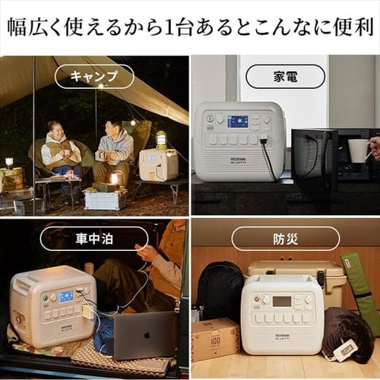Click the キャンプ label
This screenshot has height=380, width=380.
point(94,76)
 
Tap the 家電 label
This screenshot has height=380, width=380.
point(285,76)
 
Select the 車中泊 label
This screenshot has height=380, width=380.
point(94,238)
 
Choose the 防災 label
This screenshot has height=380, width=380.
point(285,238)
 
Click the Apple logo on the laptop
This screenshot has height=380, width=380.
point(145,346)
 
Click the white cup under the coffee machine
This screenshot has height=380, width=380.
point(357,150)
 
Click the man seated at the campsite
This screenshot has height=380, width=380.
point(114,148)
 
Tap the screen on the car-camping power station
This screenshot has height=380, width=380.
point(66,296)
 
